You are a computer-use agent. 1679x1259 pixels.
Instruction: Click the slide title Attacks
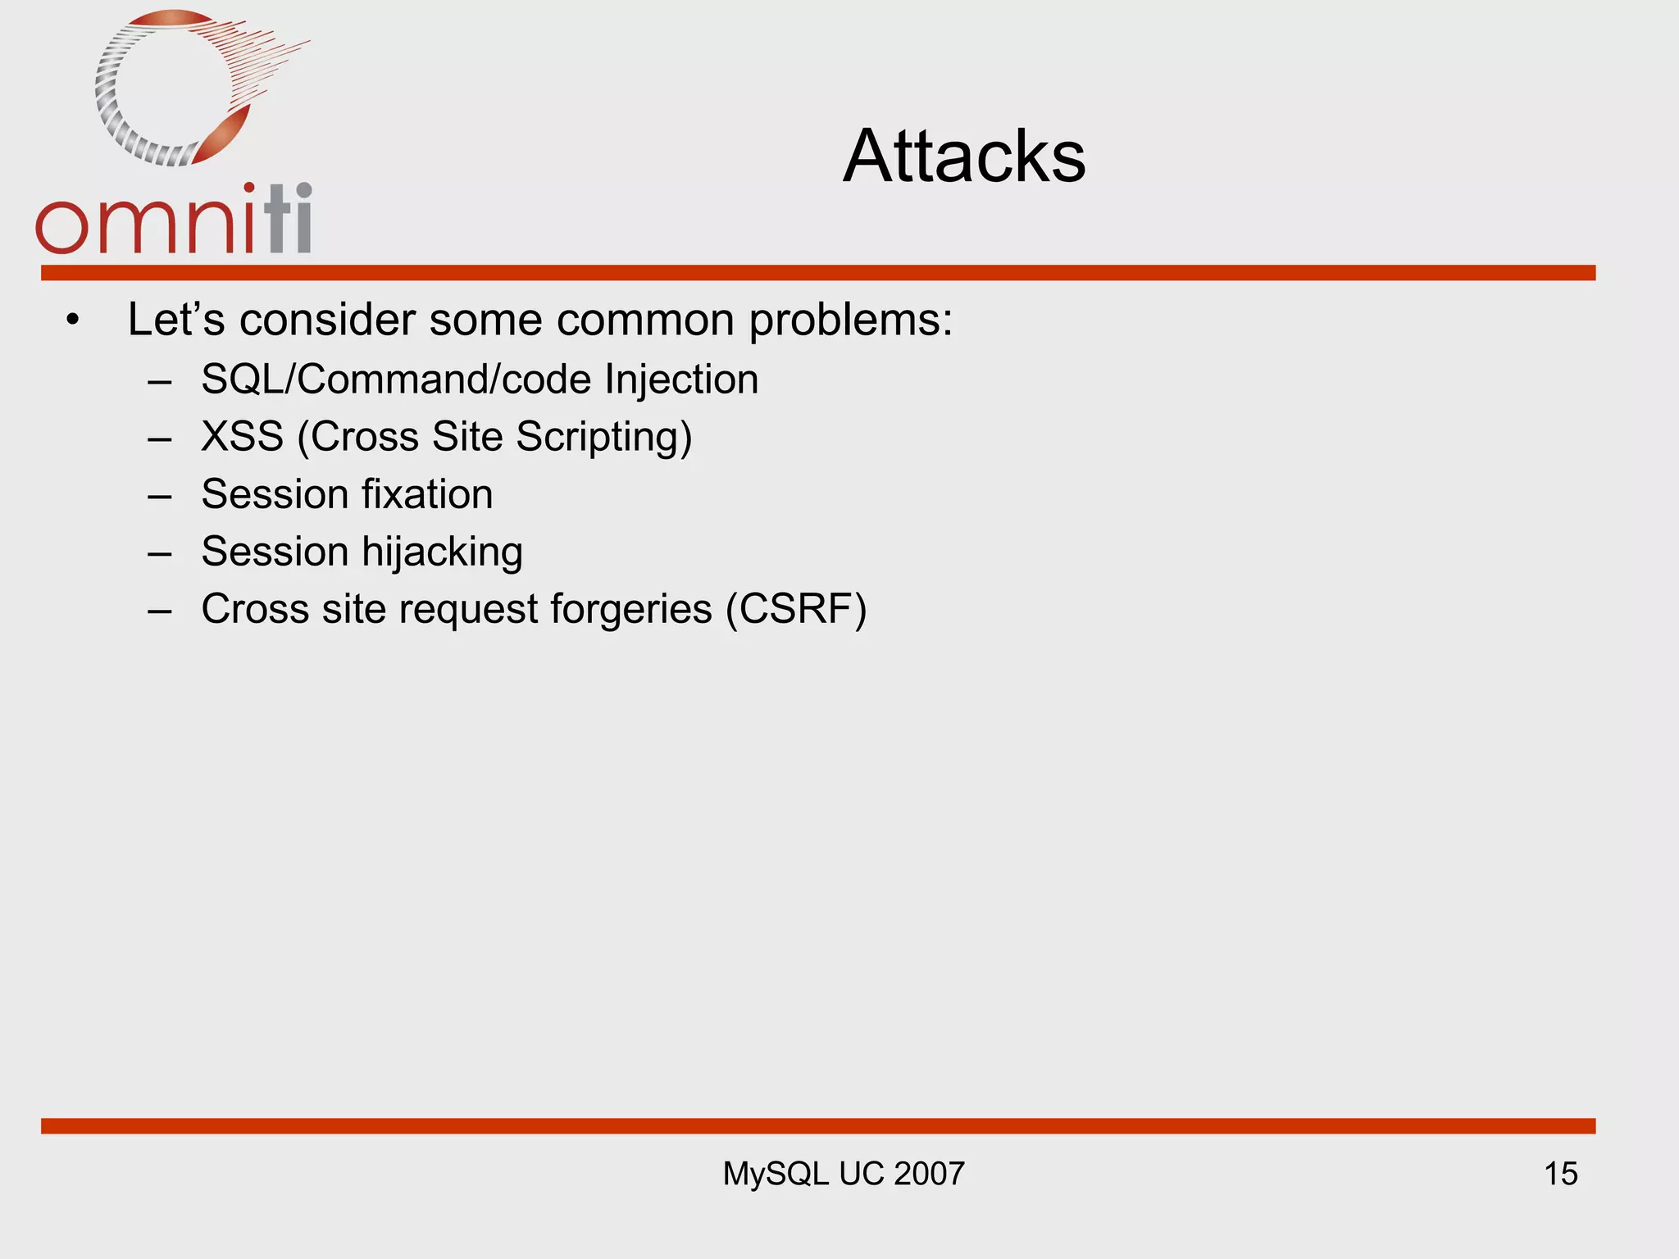coord(964,156)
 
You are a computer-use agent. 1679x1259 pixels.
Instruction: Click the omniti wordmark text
coord(174,220)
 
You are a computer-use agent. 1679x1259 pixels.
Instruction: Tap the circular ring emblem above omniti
coord(176,89)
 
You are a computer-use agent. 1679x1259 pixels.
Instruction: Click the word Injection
coord(681,380)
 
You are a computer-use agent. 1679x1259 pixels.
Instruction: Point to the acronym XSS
coord(242,436)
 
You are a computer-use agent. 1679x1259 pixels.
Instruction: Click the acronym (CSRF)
coord(795,610)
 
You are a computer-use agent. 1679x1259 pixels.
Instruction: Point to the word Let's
coord(175,320)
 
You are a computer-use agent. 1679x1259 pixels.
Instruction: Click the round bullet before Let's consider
coord(73,321)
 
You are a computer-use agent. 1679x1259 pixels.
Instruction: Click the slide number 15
coord(1560,1174)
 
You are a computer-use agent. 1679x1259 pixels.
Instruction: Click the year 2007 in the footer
coord(929,1174)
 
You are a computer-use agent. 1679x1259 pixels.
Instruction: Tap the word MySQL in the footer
coord(776,1174)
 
